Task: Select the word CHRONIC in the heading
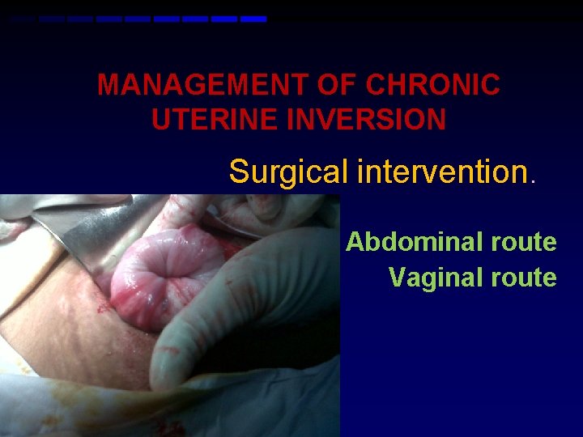click(x=433, y=85)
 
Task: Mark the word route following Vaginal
click(x=524, y=278)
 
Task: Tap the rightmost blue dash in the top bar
click(x=253, y=19)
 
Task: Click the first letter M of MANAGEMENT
click(x=108, y=85)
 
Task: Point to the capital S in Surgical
click(x=239, y=172)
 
